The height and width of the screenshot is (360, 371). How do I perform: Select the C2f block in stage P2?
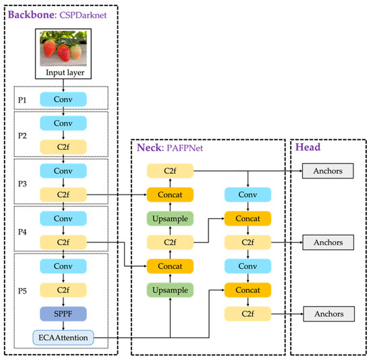[x=63, y=146]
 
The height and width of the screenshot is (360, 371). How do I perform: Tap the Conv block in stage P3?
[x=63, y=172]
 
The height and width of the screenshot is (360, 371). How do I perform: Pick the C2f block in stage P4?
[x=63, y=241]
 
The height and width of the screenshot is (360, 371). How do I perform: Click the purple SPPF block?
[x=63, y=313]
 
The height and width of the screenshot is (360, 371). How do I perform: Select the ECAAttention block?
[x=63, y=336]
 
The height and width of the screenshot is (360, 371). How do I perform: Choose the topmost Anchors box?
[x=328, y=171]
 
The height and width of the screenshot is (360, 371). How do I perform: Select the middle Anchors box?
[x=328, y=241]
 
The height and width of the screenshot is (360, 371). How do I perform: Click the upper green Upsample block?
[x=171, y=218]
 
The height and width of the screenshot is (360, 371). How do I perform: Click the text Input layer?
[x=63, y=72]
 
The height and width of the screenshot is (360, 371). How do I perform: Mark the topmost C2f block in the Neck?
[x=171, y=171]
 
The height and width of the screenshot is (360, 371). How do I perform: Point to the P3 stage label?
[x=22, y=182]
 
